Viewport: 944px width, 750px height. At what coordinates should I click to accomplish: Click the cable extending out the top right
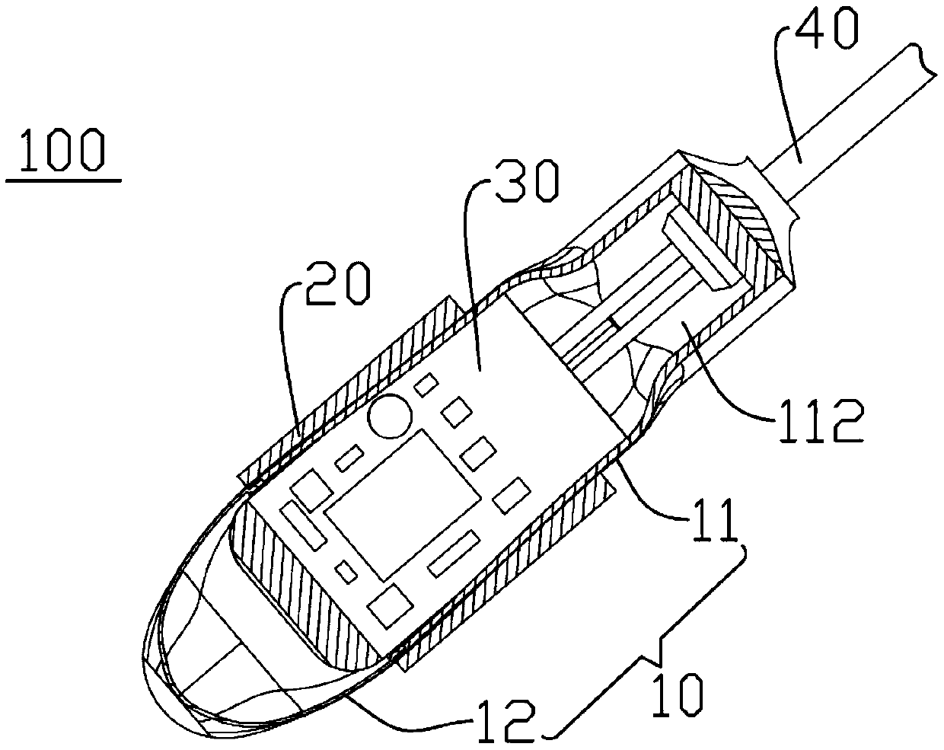[853, 114]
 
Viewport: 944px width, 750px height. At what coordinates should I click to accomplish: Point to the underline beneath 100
[64, 181]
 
